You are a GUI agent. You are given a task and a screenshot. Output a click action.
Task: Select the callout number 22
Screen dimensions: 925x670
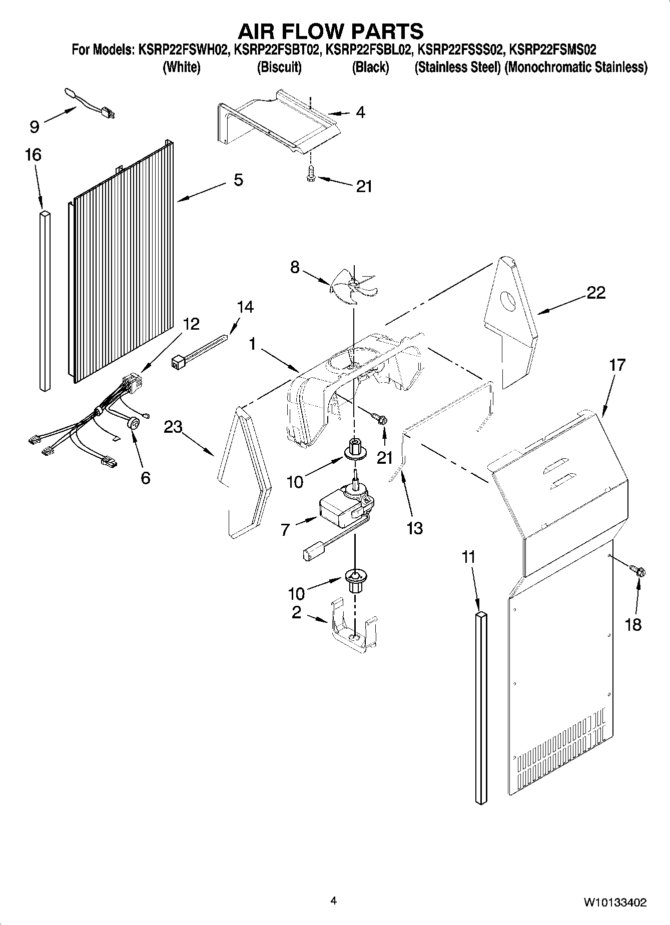tap(595, 293)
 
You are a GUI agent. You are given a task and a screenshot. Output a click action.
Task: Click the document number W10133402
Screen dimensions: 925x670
tap(614, 903)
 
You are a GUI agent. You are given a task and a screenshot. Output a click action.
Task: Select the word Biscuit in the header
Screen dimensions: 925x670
tap(279, 68)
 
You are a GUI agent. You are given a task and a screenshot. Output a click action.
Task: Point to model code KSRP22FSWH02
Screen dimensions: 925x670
tap(183, 50)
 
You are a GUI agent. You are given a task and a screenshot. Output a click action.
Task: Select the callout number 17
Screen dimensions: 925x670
tap(617, 365)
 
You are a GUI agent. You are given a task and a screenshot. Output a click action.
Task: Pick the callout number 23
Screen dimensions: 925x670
tap(174, 427)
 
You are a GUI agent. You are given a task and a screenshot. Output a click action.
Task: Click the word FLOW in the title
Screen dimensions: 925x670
tap(331, 32)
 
